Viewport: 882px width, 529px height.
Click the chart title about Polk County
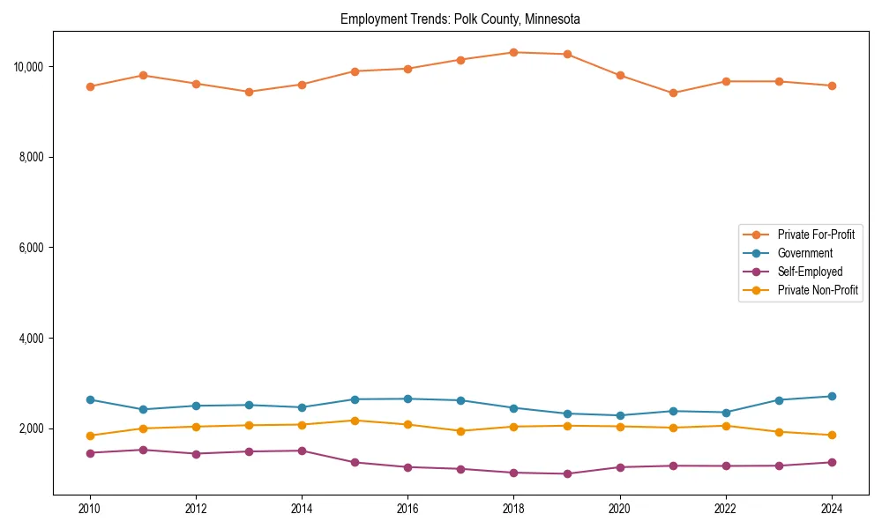coord(460,19)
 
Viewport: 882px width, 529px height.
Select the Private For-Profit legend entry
coord(815,235)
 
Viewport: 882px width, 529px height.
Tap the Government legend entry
coord(804,253)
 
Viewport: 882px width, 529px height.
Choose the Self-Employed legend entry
coord(810,272)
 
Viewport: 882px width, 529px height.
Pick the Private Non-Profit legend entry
coord(818,290)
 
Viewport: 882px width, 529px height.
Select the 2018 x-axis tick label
coord(514,508)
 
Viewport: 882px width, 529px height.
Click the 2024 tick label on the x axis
coord(832,508)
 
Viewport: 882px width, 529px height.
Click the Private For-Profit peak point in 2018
coord(514,52)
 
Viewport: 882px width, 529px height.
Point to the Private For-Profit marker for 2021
coord(673,93)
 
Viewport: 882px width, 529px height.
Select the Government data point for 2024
coord(832,396)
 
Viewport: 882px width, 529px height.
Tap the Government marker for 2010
coord(90,399)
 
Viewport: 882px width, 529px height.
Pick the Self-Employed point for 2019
coord(567,473)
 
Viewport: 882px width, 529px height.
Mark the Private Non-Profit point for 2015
coord(355,421)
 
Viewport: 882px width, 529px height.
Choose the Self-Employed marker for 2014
coord(302,451)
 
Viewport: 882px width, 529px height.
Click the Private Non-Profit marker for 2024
coord(832,435)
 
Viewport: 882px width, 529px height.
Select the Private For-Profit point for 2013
coord(249,92)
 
